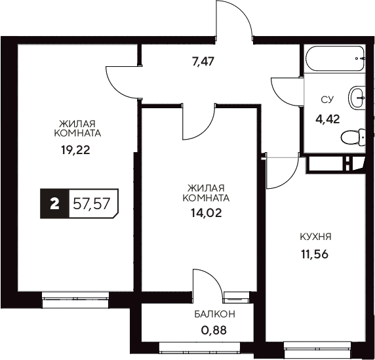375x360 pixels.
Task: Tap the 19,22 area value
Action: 74,149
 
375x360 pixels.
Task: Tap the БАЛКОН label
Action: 214,315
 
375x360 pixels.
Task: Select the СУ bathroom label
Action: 326,100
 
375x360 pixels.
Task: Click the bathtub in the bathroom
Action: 336,60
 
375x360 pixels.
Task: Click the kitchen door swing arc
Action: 281,172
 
